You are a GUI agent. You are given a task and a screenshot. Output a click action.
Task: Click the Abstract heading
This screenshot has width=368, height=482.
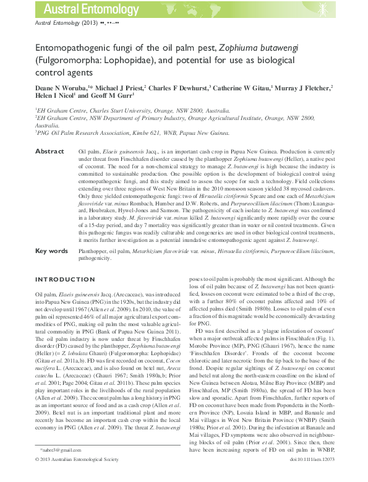click(49, 151)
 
